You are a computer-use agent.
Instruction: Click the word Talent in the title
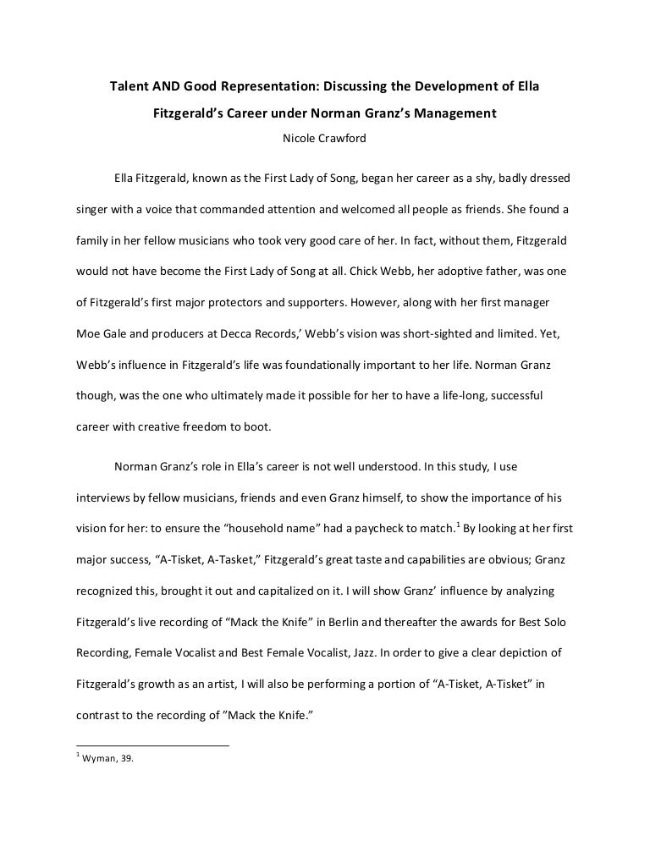pyautogui.click(x=132, y=87)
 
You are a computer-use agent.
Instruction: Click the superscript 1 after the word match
pyautogui.click(x=458, y=525)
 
